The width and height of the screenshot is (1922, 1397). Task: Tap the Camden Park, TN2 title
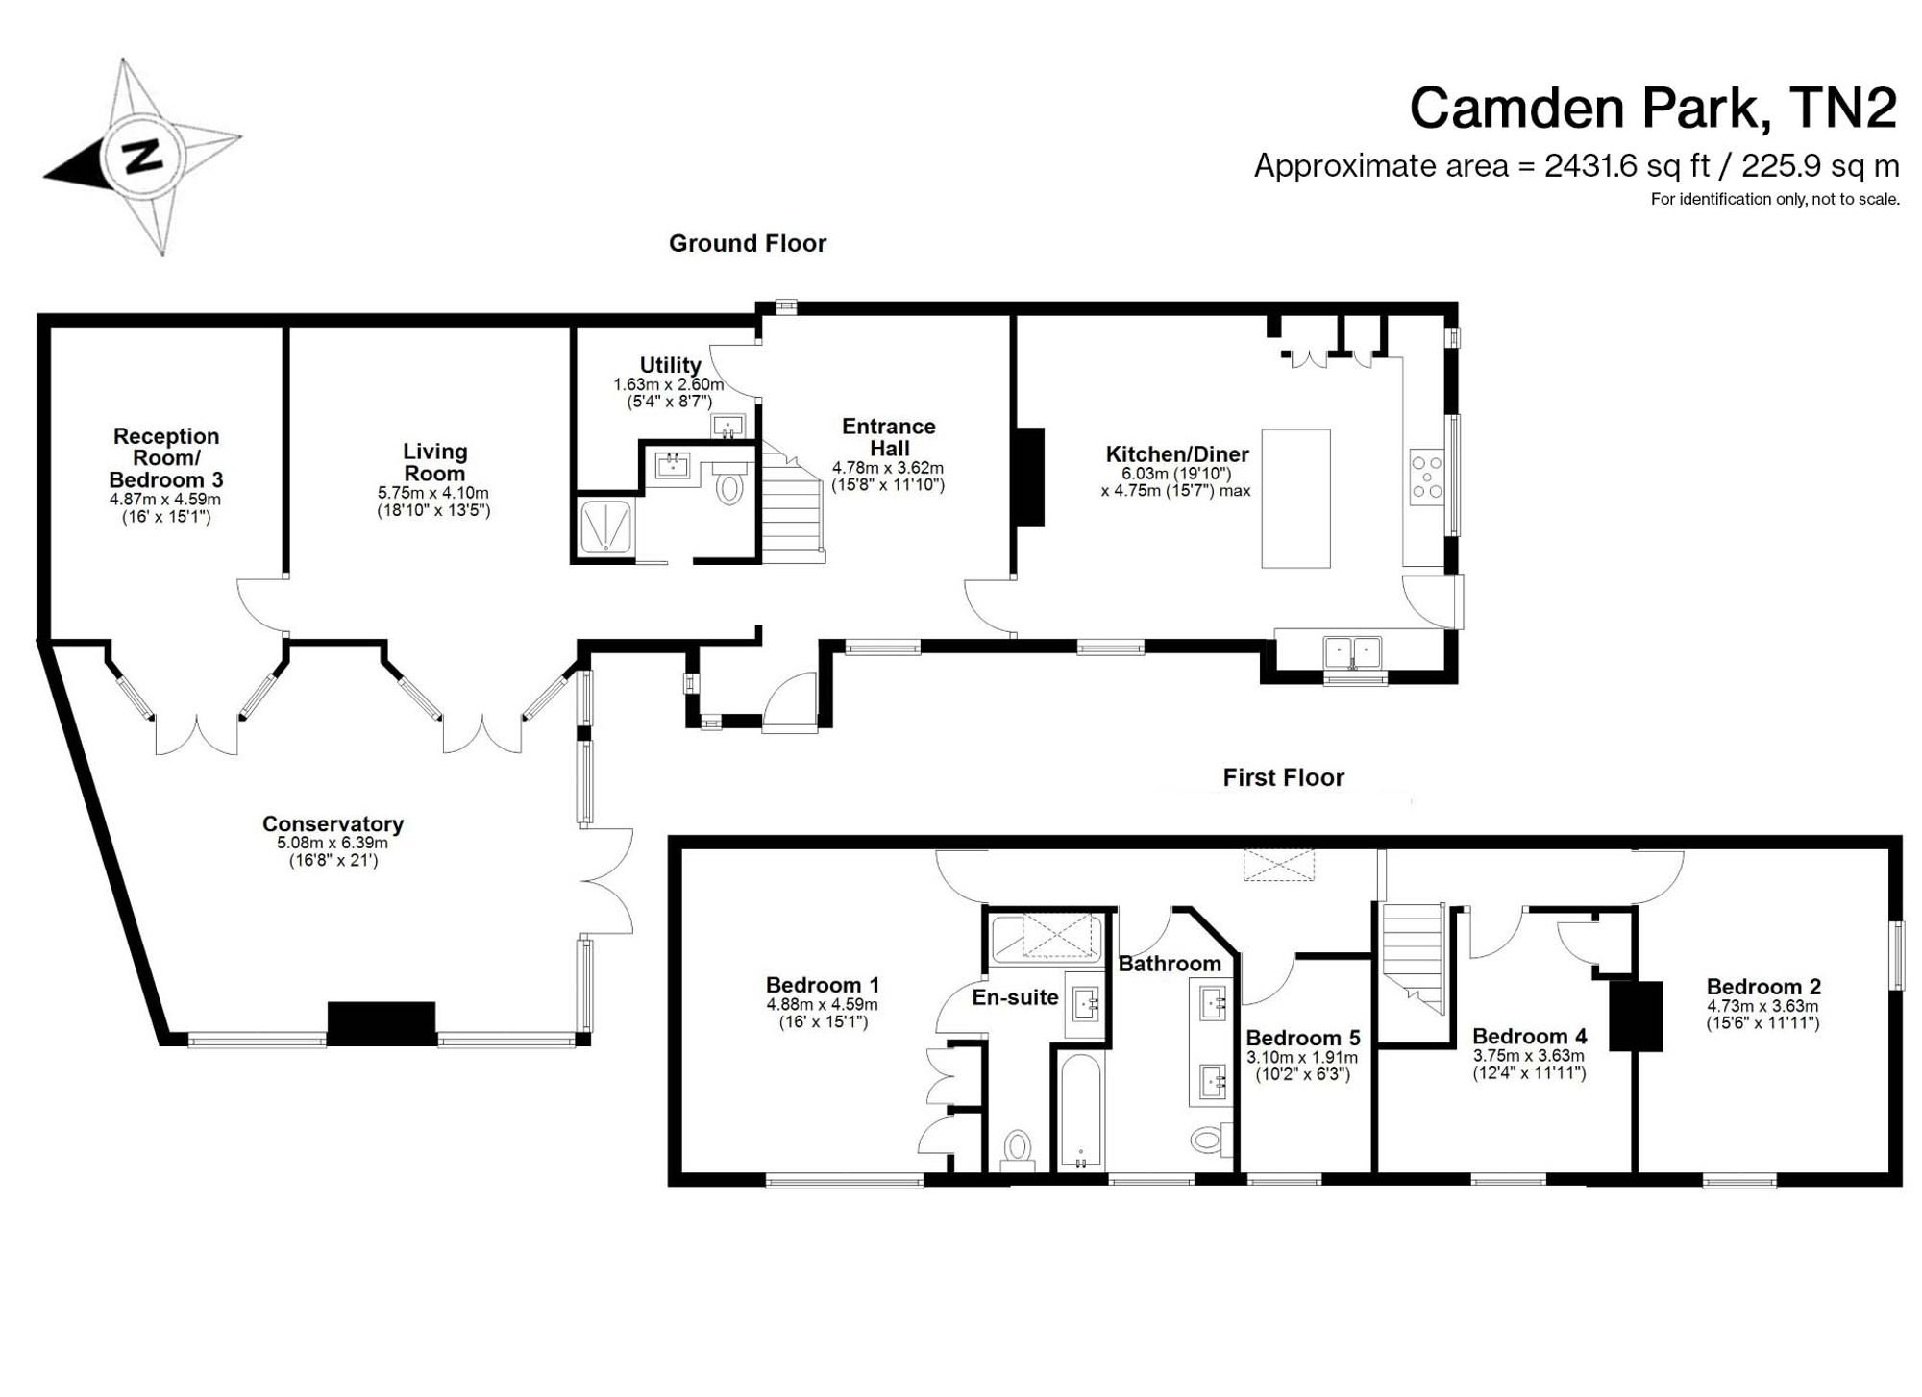[x=1653, y=108]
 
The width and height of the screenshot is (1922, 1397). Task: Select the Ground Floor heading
[x=748, y=244]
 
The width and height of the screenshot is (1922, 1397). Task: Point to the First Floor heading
[x=1283, y=777]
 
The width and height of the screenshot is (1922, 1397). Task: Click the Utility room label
[x=670, y=365]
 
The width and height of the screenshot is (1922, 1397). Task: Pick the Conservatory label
[x=333, y=823]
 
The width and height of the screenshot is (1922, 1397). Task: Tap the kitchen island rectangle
[x=1295, y=499]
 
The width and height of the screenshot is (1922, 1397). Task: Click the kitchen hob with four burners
[x=1427, y=477]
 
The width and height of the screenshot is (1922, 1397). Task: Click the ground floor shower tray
[x=605, y=527]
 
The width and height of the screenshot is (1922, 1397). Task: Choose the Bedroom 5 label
[x=1303, y=1038]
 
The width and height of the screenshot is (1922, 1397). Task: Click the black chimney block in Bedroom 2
[x=1636, y=1016]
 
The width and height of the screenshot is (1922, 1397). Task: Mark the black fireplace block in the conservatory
[x=382, y=1022]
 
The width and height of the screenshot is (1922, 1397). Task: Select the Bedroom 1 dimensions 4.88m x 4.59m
[x=822, y=1005]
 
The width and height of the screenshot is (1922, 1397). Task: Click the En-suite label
[x=1015, y=997]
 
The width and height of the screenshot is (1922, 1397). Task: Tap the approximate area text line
[x=1576, y=166]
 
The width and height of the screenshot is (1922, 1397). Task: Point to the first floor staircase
[x=1414, y=957]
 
